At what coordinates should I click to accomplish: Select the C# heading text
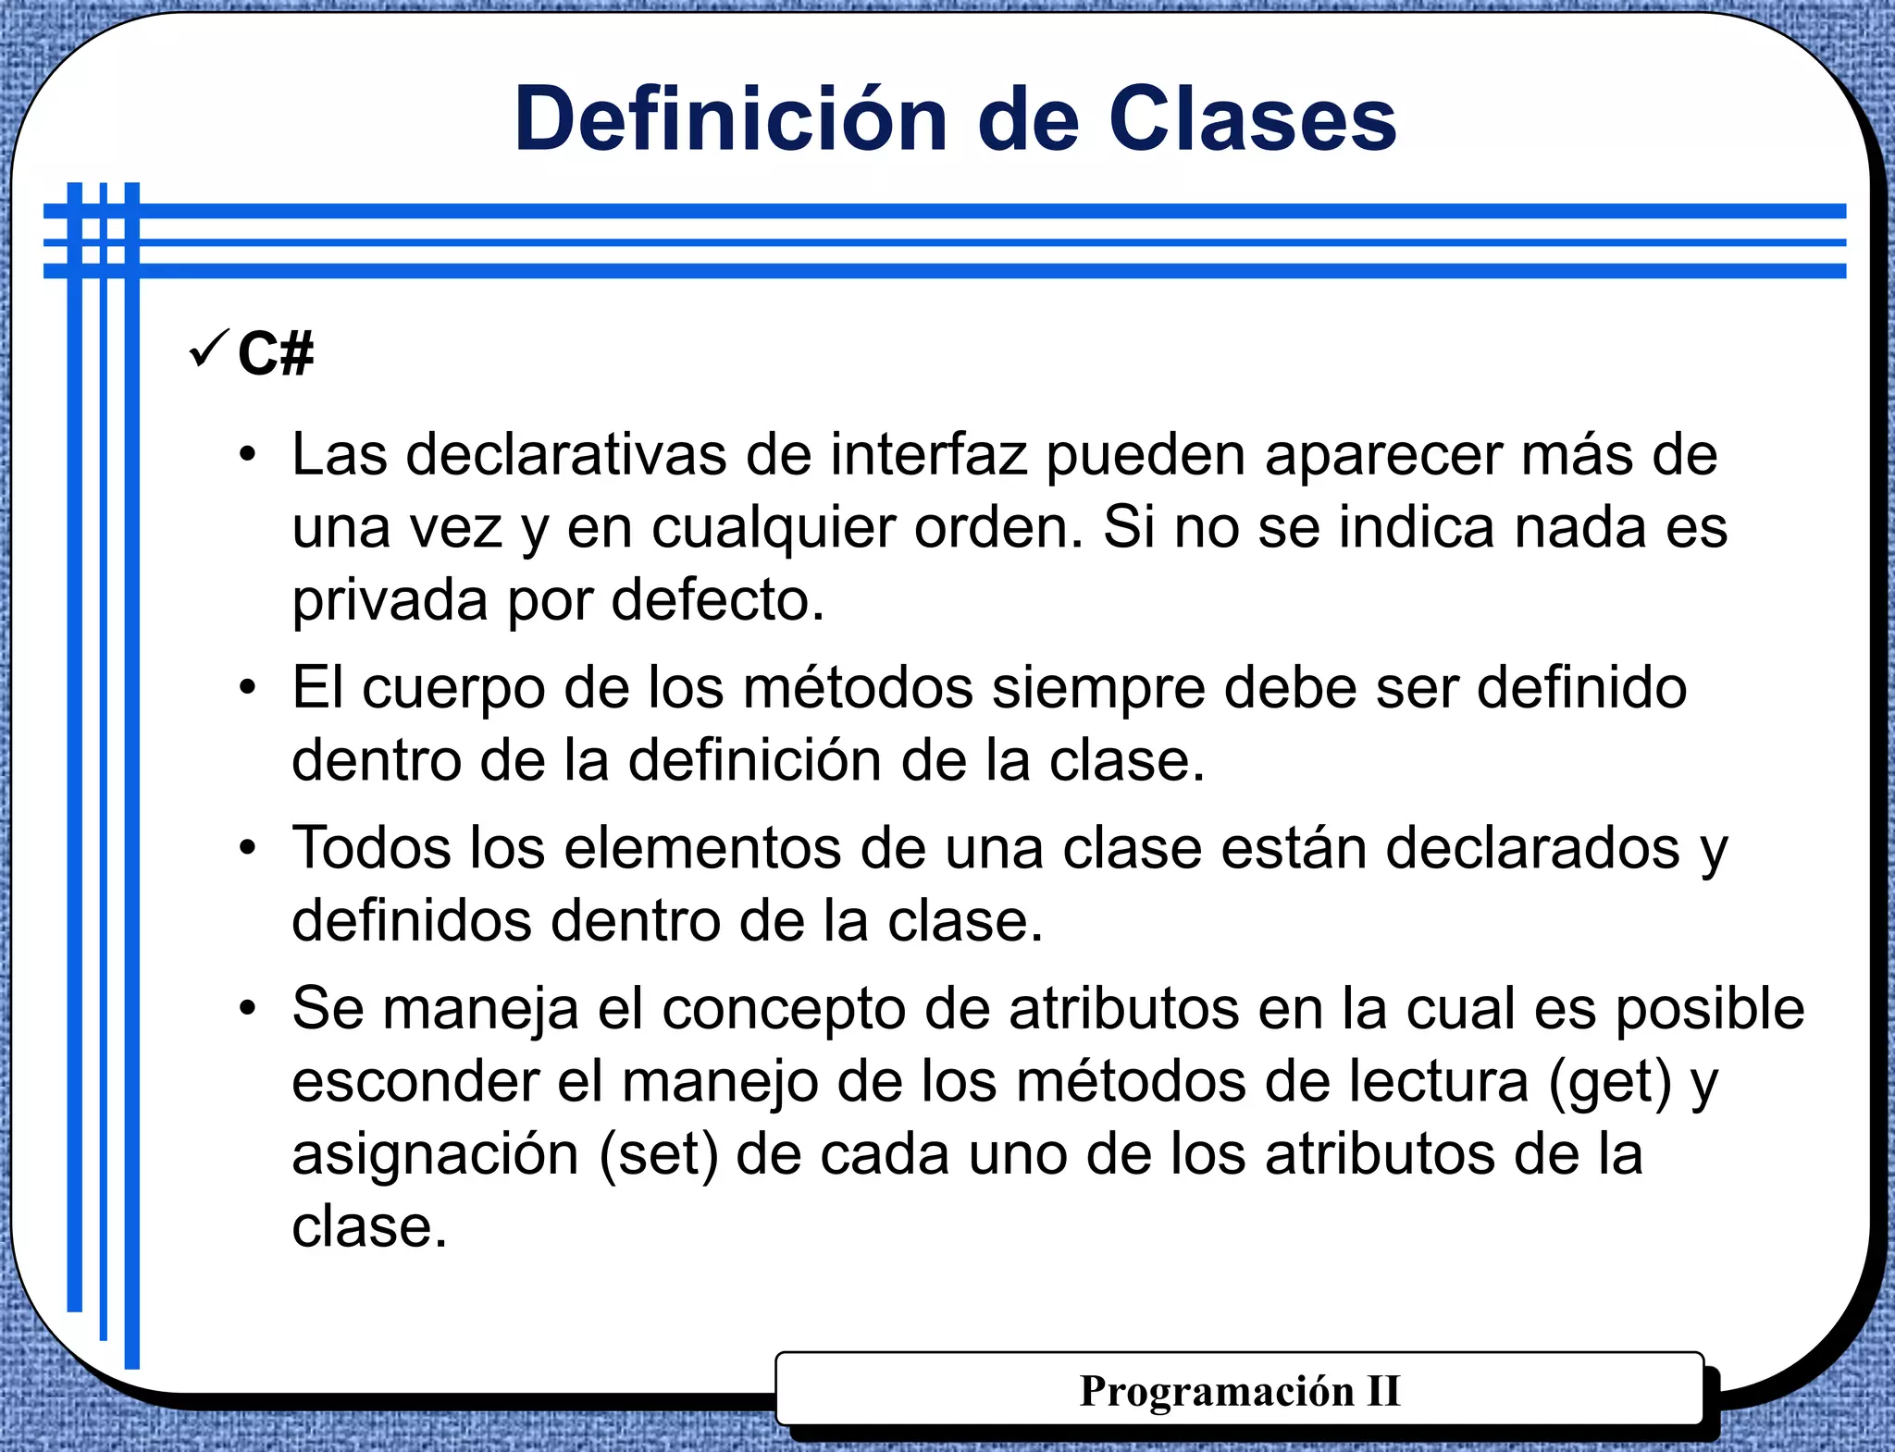click(x=276, y=353)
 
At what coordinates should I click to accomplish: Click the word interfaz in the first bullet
click(x=928, y=455)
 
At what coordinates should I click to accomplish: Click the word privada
click(x=390, y=601)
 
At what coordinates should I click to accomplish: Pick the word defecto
click(x=717, y=599)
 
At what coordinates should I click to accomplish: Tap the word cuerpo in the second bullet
click(x=453, y=689)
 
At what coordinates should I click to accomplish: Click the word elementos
click(x=702, y=847)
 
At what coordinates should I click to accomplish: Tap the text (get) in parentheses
click(x=1610, y=1082)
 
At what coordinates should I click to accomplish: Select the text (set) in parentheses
click(x=659, y=1155)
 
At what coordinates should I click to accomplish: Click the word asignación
click(x=435, y=1155)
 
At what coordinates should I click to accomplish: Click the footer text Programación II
click(x=1239, y=1391)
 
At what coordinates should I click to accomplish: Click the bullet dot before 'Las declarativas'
click(x=247, y=455)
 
